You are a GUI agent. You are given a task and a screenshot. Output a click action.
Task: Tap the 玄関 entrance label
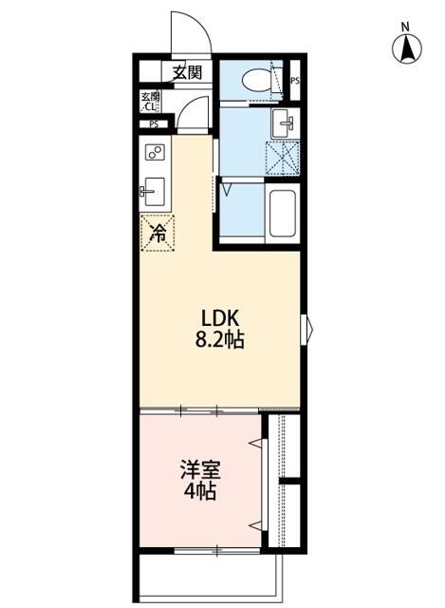[x=187, y=72]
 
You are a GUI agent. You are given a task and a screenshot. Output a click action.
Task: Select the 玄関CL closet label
[x=151, y=101]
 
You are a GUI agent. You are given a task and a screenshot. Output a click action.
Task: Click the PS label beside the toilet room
[x=295, y=81]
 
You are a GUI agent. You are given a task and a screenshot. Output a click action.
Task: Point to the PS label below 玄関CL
[x=152, y=124]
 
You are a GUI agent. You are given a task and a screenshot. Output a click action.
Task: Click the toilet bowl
[x=253, y=81]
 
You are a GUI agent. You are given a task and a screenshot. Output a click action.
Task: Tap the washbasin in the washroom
[x=284, y=123]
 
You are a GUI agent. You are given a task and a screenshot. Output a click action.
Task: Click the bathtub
[x=284, y=213]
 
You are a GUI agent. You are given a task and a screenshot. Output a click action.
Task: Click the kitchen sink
[x=153, y=191]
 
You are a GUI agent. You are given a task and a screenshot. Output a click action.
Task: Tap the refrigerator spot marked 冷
[x=159, y=231]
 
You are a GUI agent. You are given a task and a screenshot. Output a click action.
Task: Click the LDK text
[x=221, y=319]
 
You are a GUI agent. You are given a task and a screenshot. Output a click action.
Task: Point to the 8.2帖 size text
[x=221, y=340]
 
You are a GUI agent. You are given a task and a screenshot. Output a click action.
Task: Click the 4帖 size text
[x=201, y=492]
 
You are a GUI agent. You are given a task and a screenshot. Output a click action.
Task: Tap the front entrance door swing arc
[x=190, y=33]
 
